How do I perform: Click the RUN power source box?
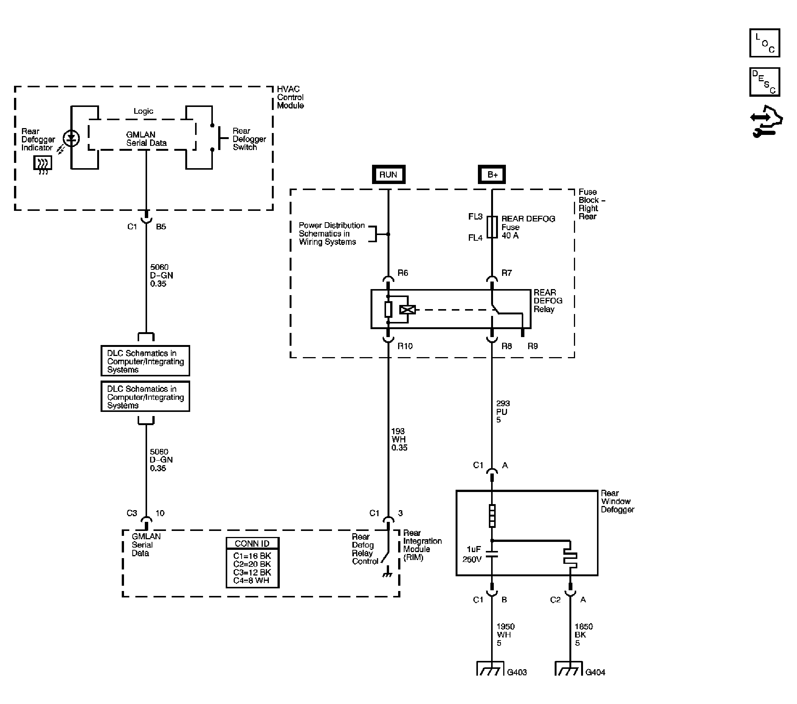pyautogui.click(x=388, y=174)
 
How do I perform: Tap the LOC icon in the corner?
pyautogui.click(x=764, y=43)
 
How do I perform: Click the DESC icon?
pyautogui.click(x=764, y=82)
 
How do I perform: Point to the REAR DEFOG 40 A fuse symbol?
pyautogui.click(x=492, y=227)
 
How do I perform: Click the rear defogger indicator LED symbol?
pyautogui.click(x=71, y=138)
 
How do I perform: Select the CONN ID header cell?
pyautogui.click(x=252, y=543)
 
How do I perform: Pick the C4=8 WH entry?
pyautogui.click(x=251, y=581)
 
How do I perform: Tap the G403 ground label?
pyautogui.click(x=517, y=672)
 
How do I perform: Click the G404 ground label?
pyautogui.click(x=595, y=672)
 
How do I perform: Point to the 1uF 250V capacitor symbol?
pyautogui.click(x=492, y=554)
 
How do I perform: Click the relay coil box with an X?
pyautogui.click(x=408, y=310)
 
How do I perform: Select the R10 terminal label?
pyautogui.click(x=405, y=346)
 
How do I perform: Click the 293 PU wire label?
pyautogui.click(x=502, y=412)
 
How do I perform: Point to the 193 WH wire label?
pyautogui.click(x=399, y=439)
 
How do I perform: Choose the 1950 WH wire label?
pyautogui.click(x=505, y=634)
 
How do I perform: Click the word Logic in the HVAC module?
pyautogui.click(x=144, y=111)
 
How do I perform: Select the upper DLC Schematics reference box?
pyautogui.click(x=146, y=361)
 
